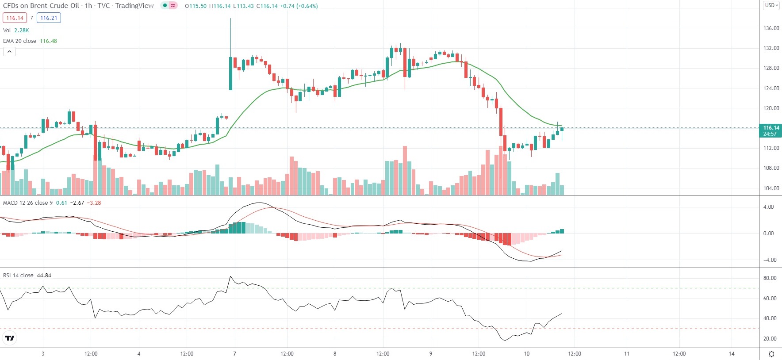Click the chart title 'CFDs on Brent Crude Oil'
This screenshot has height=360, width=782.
click(41, 6)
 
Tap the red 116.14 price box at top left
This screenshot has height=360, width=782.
click(15, 18)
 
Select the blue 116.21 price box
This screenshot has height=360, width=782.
click(49, 18)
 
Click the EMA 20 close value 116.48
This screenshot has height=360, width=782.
click(48, 41)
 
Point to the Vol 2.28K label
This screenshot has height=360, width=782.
click(16, 31)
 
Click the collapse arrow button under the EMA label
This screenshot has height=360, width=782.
click(9, 52)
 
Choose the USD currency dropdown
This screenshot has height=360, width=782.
click(771, 5)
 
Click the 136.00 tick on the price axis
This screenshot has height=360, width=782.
click(771, 28)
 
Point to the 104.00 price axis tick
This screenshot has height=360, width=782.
click(771, 188)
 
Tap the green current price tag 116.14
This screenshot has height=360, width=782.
click(770, 130)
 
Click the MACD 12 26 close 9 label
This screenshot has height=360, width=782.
click(28, 203)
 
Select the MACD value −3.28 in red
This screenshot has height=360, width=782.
click(94, 203)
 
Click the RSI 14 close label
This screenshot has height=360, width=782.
click(18, 276)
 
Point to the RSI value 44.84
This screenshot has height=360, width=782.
click(44, 276)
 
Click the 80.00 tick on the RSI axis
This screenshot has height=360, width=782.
click(770, 278)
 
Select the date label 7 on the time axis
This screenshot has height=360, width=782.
click(234, 354)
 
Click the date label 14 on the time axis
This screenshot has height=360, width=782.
click(732, 354)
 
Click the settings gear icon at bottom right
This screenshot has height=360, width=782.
click(771, 354)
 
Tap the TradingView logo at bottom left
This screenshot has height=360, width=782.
click(9, 338)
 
